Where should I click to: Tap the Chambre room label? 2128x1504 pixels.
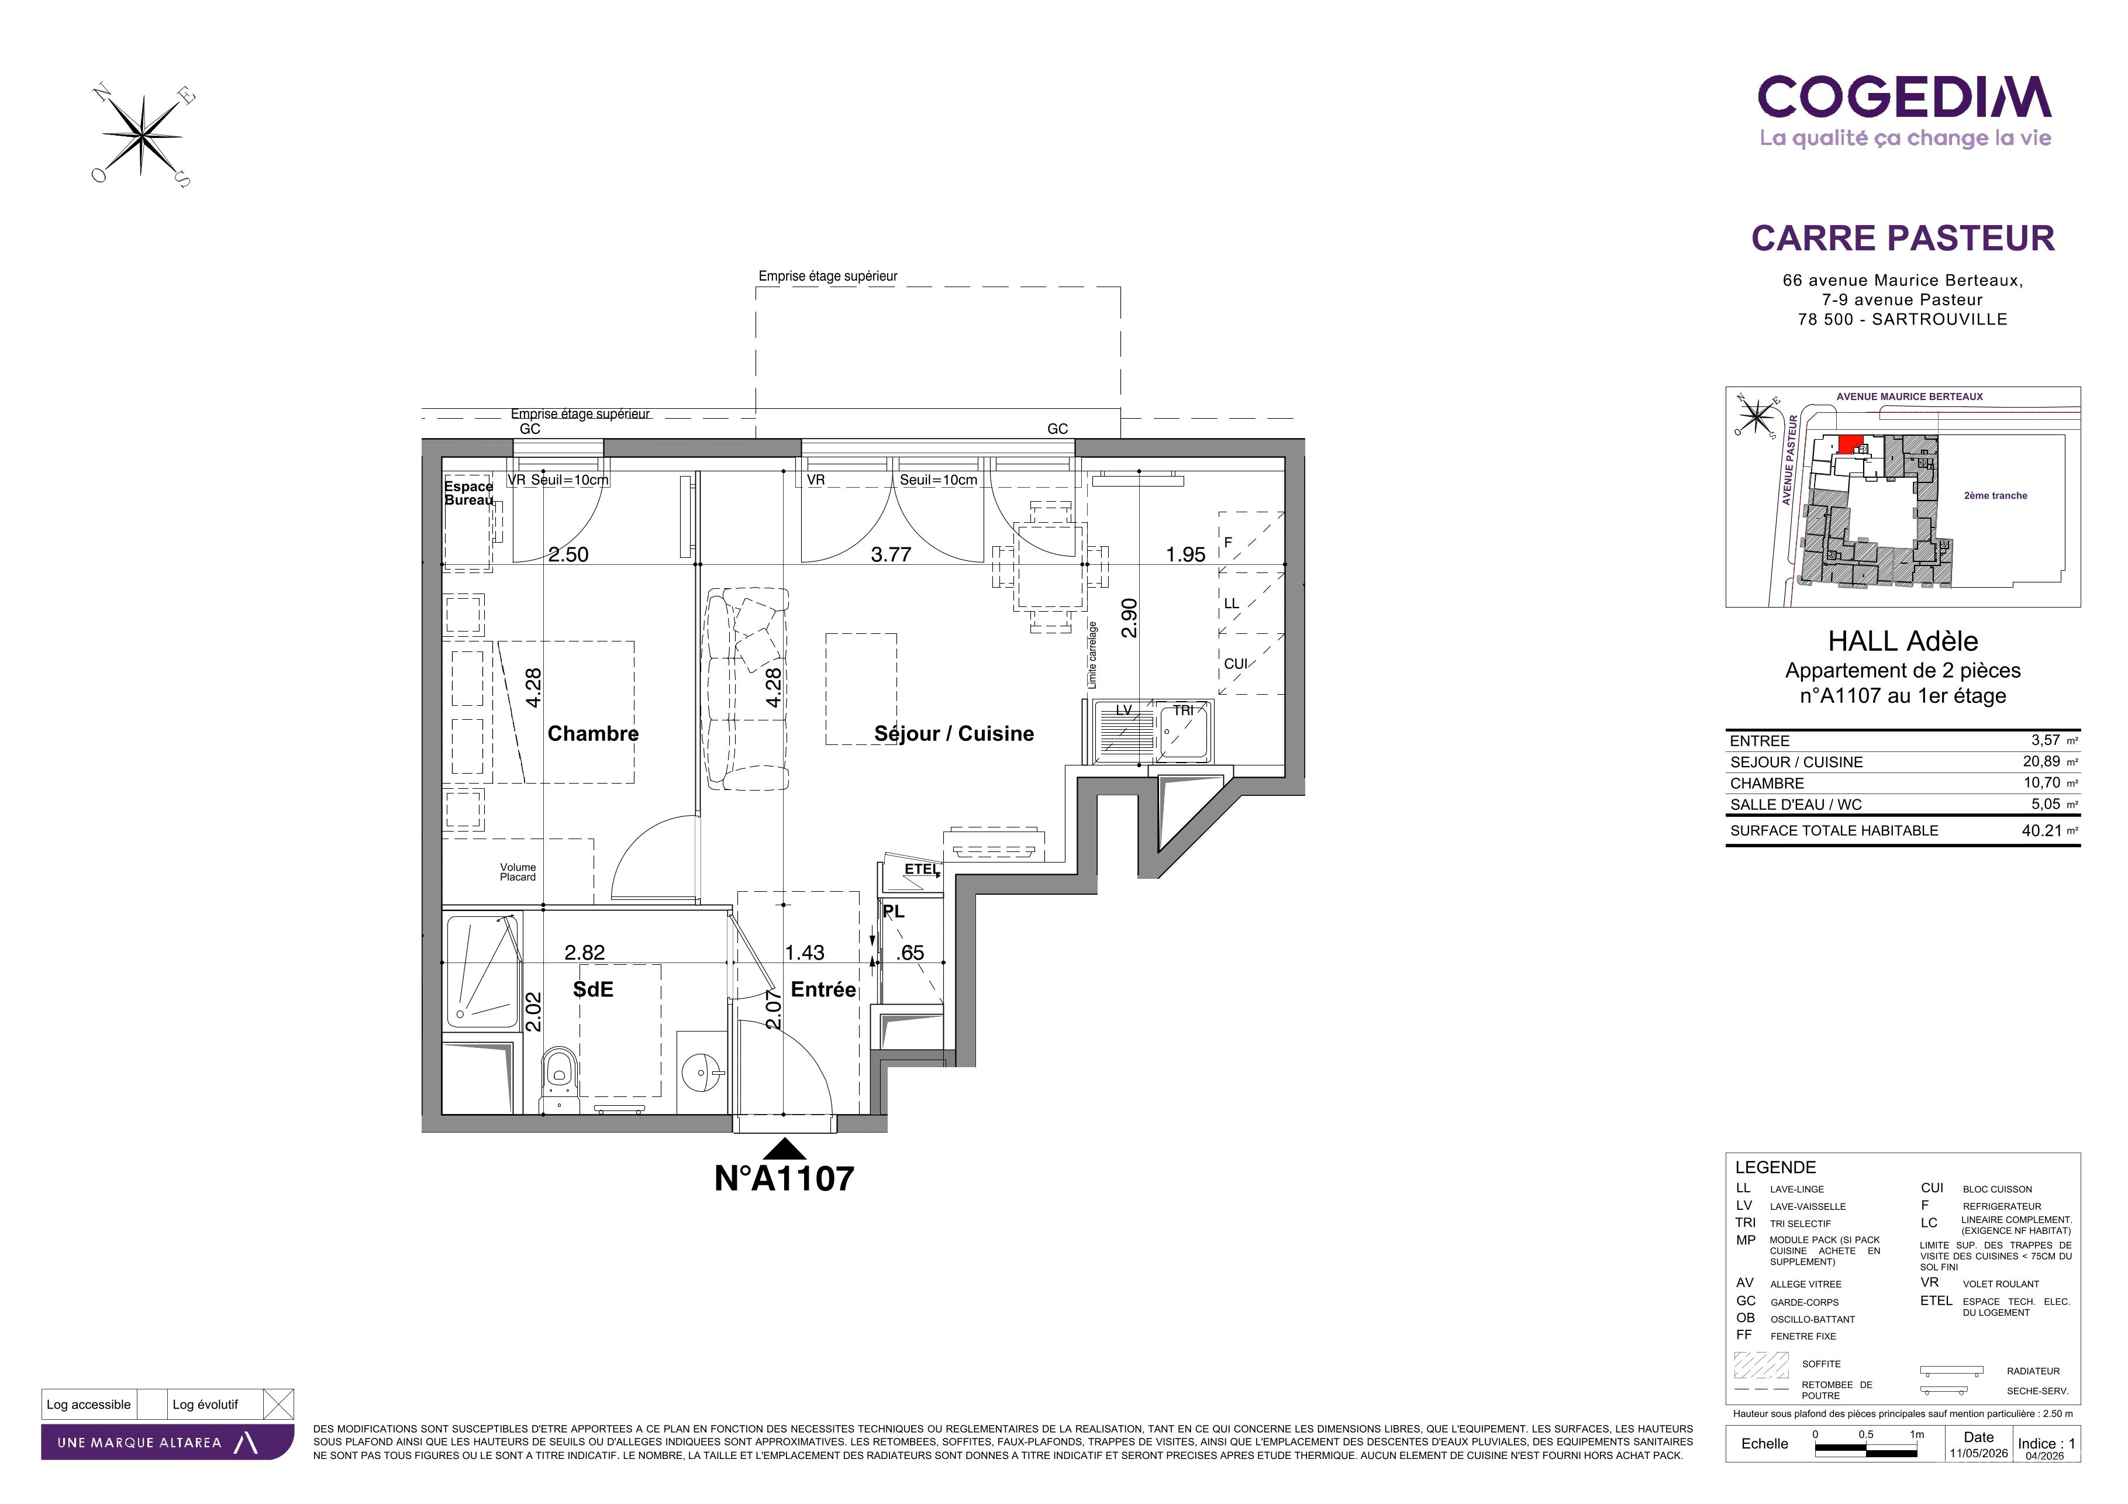click(593, 734)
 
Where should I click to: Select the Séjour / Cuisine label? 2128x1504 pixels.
click(954, 734)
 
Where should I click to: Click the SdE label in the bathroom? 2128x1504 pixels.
click(593, 989)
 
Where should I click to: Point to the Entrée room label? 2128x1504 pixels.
click(823, 989)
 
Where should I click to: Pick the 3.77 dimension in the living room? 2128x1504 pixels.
click(891, 555)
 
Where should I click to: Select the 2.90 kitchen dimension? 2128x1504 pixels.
click(1129, 618)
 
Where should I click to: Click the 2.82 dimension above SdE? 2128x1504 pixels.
click(585, 953)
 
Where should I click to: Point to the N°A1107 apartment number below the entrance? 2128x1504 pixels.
click(784, 1179)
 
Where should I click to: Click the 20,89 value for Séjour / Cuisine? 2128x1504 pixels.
click(2041, 762)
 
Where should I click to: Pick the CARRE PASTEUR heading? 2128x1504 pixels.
click(1903, 238)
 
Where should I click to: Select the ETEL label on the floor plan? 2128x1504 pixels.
click(921, 869)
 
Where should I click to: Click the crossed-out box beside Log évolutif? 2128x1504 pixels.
click(279, 1405)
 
